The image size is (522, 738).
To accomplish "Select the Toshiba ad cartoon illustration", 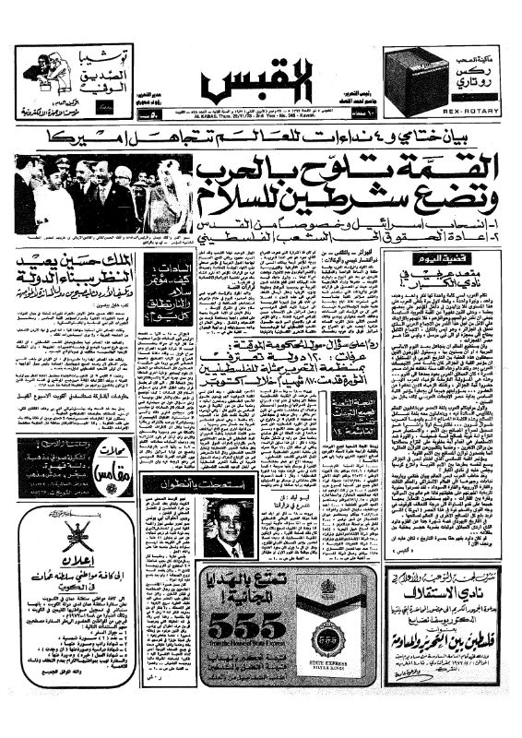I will click(x=46, y=71).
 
